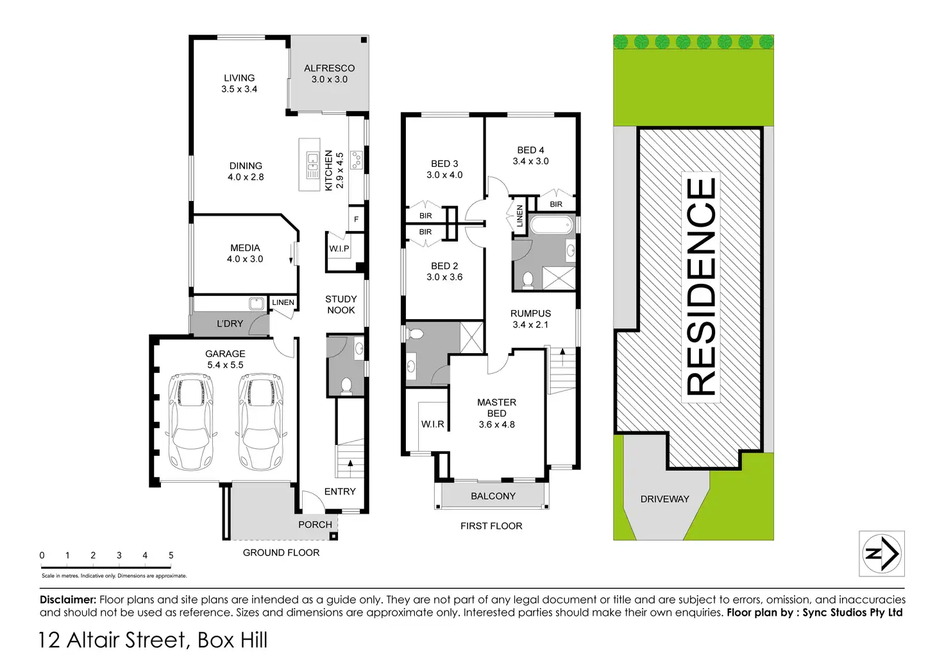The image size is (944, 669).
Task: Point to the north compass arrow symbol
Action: pos(882,553)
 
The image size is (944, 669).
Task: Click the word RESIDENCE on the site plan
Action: pos(701,286)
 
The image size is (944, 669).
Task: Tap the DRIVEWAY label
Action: pos(664,499)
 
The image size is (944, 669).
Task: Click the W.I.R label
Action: pos(432,424)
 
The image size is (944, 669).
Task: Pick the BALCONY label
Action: pos(493,496)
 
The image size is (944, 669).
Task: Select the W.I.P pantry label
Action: pos(339,248)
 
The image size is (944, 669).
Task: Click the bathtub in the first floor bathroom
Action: pos(551,225)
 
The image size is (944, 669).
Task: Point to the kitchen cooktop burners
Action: pos(357,159)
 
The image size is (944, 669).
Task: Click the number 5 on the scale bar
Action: pos(171,555)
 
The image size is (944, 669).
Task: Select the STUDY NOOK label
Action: pos(341,304)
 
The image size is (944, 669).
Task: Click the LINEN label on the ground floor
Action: pos(283,302)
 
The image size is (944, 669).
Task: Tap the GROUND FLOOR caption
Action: pos(281,553)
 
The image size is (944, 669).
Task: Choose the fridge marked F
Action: pos(356,220)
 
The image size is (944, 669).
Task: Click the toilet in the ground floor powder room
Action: pos(346,385)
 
